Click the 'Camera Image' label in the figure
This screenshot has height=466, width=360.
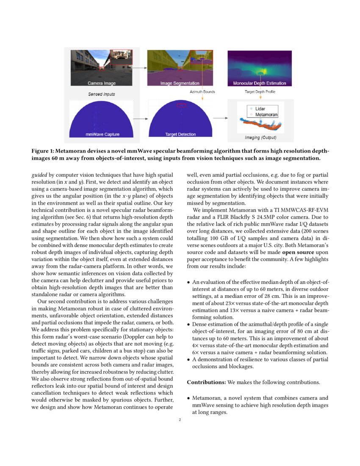pyautogui.click(x=101, y=83)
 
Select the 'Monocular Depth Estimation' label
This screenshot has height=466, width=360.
pyautogui.click(x=260, y=83)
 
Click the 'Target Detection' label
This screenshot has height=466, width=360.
pyautogui.click(x=180, y=134)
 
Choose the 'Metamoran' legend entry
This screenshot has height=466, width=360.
pyautogui.click(x=266, y=115)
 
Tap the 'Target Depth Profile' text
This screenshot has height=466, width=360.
pyautogui.click(x=259, y=92)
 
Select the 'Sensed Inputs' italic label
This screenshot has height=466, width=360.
pyautogui.click(x=101, y=94)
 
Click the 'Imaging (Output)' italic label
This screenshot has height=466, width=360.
pyautogui.click(x=260, y=138)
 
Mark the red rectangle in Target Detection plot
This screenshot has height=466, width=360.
pyautogui.click(x=181, y=105)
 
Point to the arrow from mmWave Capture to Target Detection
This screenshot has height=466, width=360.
pyautogui.click(x=140, y=119)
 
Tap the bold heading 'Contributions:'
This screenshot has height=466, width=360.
pyautogui.click(x=206, y=382)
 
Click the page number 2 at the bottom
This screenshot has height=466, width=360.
pyautogui.click(x=180, y=420)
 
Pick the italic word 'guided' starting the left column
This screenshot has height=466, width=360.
pyautogui.click(x=39, y=174)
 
